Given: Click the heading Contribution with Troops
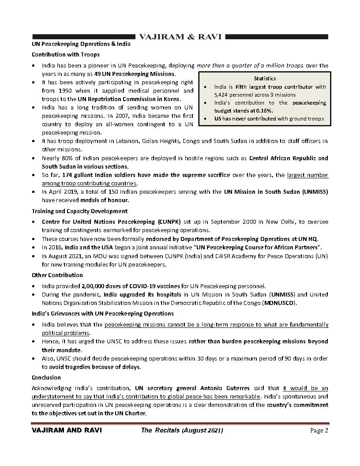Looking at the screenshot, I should pos(65,55).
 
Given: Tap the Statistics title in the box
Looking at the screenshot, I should pos(265,78).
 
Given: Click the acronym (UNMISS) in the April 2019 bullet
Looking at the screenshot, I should pos(312,192).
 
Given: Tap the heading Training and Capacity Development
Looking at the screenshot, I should pos(80,211).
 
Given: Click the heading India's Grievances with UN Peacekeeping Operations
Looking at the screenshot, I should pos(102,313).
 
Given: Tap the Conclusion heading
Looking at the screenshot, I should pos(46,378).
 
